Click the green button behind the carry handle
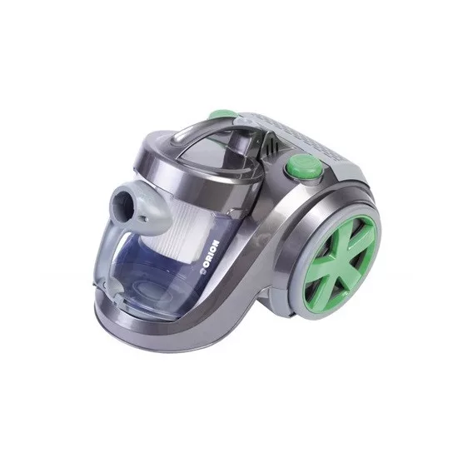tap(222, 115)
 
